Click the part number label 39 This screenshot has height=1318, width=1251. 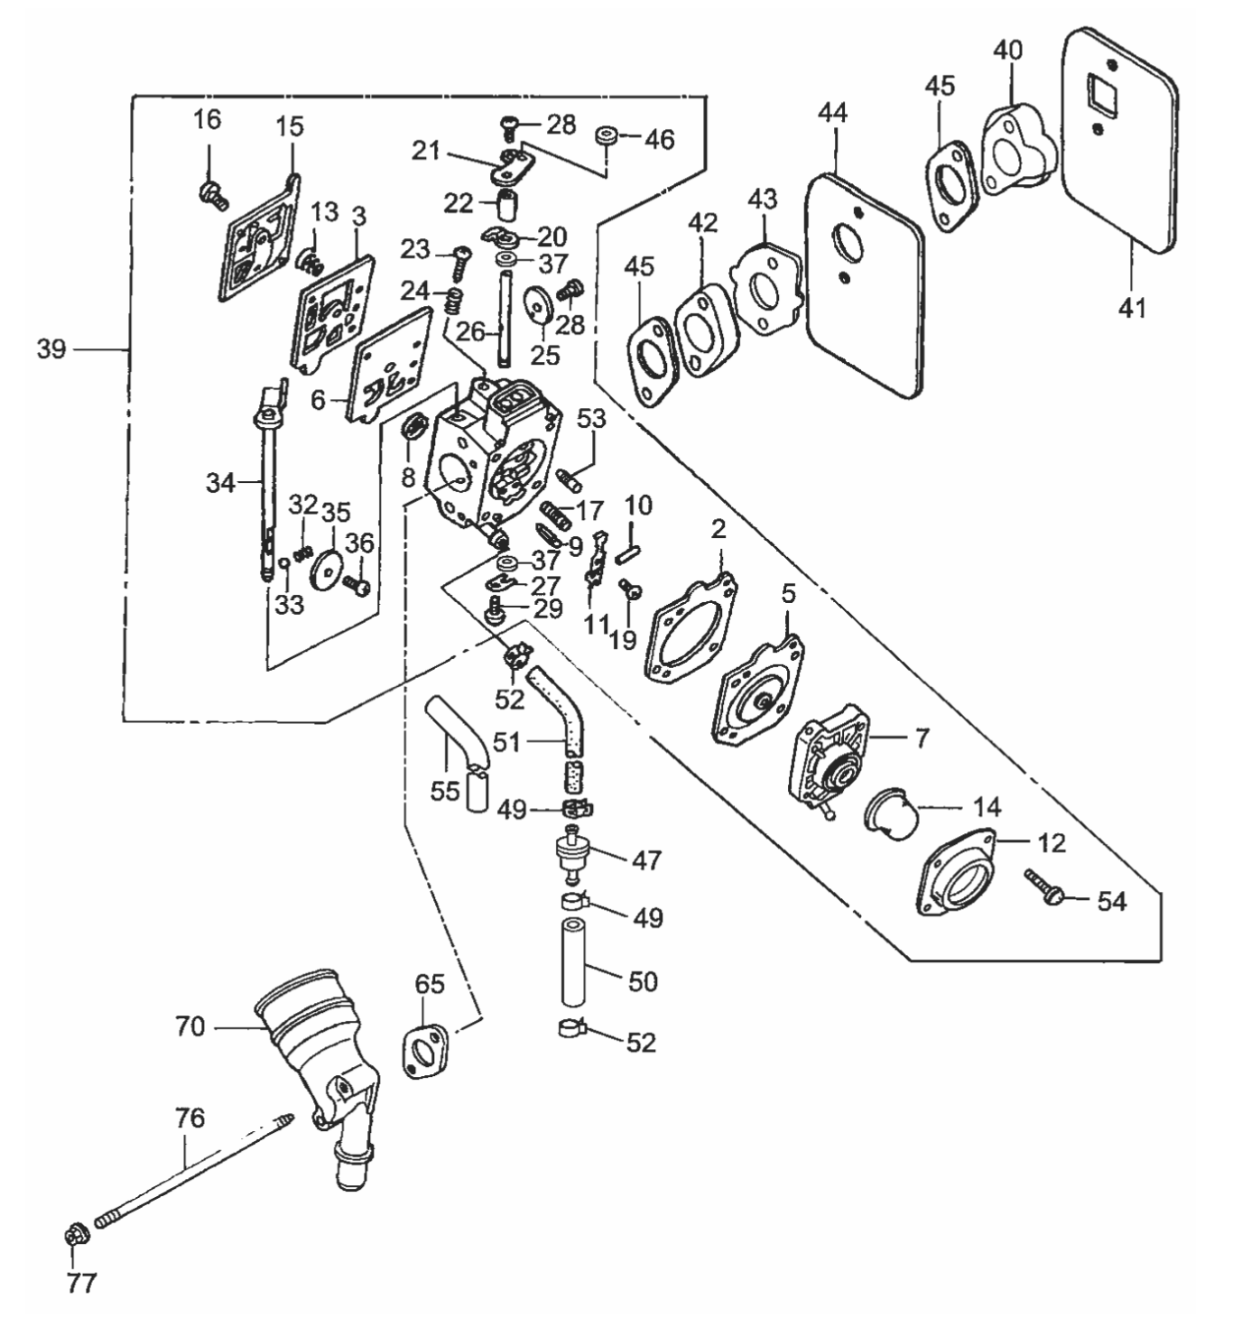[51, 348]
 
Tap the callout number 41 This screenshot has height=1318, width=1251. [1131, 309]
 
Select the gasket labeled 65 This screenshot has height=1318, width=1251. [426, 1052]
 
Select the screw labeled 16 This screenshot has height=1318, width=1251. [211, 193]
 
